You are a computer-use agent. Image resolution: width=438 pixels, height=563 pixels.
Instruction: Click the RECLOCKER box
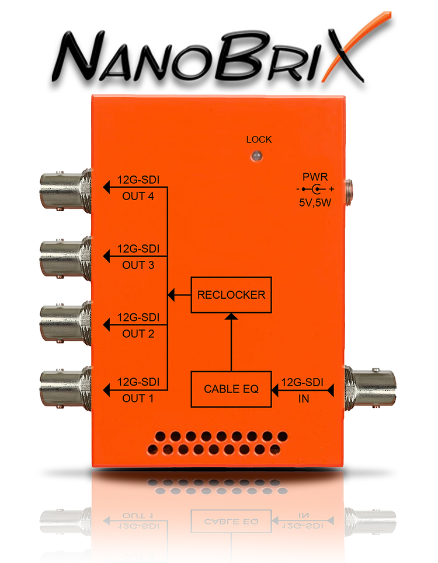click(x=231, y=295)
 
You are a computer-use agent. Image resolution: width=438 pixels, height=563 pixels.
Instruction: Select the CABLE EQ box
click(x=231, y=389)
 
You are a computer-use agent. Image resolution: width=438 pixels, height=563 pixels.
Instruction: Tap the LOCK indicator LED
click(x=256, y=156)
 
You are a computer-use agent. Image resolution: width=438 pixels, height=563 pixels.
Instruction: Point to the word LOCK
click(x=259, y=140)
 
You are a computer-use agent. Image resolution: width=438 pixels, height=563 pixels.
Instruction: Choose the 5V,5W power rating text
click(x=315, y=204)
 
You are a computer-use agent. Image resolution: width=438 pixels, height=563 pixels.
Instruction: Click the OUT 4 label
click(x=138, y=196)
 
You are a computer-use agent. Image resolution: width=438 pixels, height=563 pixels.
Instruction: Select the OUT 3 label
click(x=138, y=265)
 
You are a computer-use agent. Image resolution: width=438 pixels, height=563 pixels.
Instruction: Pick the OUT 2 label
click(x=138, y=334)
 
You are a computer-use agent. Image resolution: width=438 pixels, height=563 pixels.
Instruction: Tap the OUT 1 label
click(x=138, y=399)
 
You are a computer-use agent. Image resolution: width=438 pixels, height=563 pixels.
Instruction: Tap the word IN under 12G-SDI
click(x=303, y=399)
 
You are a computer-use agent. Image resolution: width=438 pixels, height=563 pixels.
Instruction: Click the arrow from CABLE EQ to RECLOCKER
click(x=231, y=344)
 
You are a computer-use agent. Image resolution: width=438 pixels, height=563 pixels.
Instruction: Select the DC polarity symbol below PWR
click(x=315, y=190)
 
